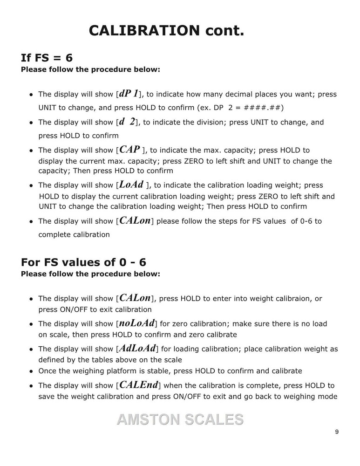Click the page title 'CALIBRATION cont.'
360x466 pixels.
click(166, 31)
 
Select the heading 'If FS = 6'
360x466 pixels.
click(47, 58)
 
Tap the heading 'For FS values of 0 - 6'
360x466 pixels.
click(83, 262)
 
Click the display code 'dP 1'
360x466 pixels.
click(129, 93)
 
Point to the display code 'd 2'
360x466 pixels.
click(127, 122)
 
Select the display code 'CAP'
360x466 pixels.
click(130, 150)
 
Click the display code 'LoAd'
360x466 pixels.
click(131, 185)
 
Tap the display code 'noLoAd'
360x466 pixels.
click(136, 323)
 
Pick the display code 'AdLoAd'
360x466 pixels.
click(137, 348)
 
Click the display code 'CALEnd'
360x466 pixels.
click(139, 385)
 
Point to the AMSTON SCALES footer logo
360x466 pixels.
click(180, 419)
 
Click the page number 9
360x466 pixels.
click(337, 432)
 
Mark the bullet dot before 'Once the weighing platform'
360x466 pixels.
click(31, 371)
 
